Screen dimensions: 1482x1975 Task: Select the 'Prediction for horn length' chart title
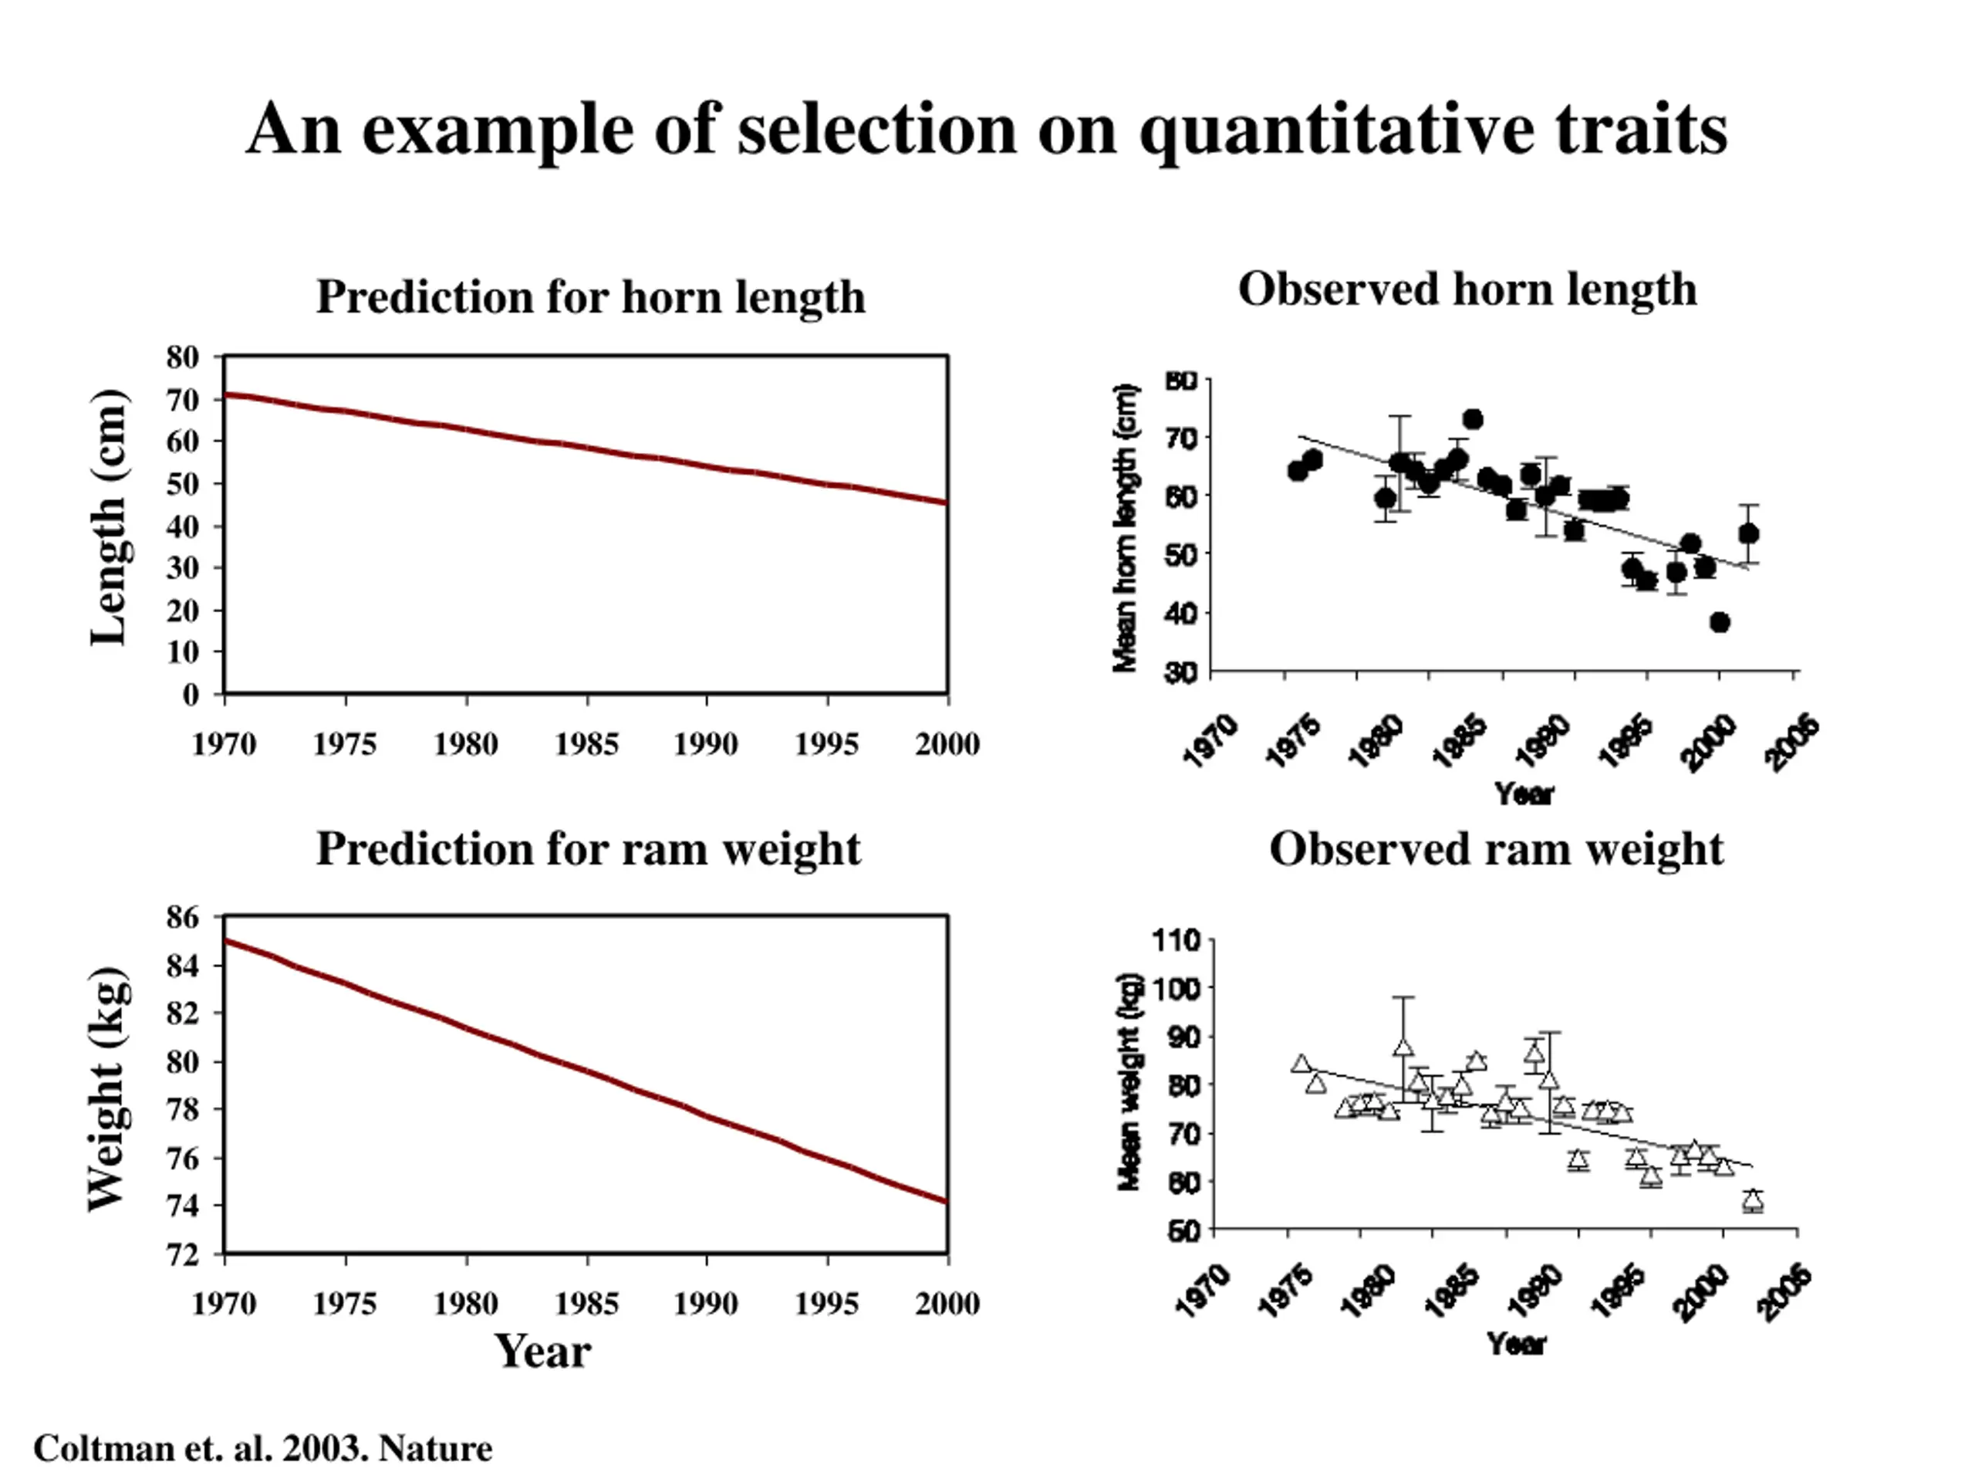(x=590, y=296)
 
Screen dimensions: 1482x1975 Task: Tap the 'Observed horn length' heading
(x=1467, y=289)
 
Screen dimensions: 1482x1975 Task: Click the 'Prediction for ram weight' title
(x=589, y=848)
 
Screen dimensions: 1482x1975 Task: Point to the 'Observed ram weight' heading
(x=1497, y=848)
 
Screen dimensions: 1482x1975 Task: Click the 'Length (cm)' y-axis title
(x=110, y=517)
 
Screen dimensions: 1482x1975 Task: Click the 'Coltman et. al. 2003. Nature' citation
(x=262, y=1448)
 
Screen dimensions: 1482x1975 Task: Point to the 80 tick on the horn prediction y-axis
(x=182, y=357)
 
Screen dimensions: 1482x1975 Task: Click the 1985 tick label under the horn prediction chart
(x=586, y=744)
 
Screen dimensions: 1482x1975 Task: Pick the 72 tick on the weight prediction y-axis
(x=182, y=1254)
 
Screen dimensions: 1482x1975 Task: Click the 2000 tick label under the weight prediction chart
(x=947, y=1304)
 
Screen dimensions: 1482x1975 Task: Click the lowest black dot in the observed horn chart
(x=1720, y=623)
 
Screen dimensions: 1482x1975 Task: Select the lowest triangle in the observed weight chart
(x=1754, y=1199)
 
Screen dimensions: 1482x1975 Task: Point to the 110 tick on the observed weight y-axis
(x=1177, y=941)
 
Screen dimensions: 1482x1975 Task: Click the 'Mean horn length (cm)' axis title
(x=1126, y=528)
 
